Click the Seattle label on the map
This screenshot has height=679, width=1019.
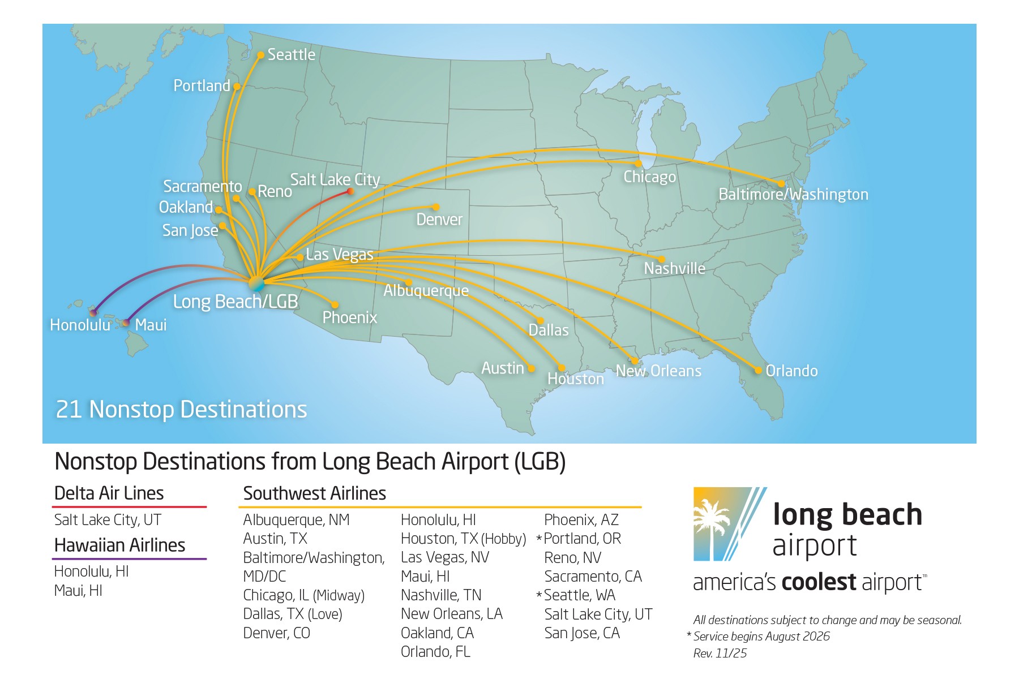[x=291, y=55]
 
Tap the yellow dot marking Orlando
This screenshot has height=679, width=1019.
[x=758, y=371]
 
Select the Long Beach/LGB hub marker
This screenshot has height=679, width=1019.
[x=256, y=282]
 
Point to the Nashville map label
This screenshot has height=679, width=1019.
[x=674, y=268]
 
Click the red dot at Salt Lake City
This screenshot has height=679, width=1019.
[x=350, y=191]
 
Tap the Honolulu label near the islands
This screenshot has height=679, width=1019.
[x=80, y=325]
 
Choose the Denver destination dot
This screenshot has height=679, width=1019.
[x=435, y=207]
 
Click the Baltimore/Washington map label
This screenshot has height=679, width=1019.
[x=793, y=195]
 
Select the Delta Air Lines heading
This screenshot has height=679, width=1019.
[x=109, y=493]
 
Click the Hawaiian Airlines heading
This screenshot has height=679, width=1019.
[x=119, y=545]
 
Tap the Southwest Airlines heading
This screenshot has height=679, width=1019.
[x=314, y=493]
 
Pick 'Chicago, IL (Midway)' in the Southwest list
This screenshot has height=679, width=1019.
[x=303, y=595]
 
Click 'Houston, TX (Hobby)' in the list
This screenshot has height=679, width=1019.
[x=463, y=539]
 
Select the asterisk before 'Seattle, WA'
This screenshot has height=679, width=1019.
[x=539, y=595]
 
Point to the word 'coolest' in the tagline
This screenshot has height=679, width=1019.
[x=819, y=582]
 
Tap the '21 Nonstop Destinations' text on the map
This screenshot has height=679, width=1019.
[x=181, y=410]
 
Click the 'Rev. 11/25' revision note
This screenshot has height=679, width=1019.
[x=720, y=654]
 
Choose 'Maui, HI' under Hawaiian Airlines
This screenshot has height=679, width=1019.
[x=78, y=591]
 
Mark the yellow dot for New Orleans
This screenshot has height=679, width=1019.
[x=635, y=360]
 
